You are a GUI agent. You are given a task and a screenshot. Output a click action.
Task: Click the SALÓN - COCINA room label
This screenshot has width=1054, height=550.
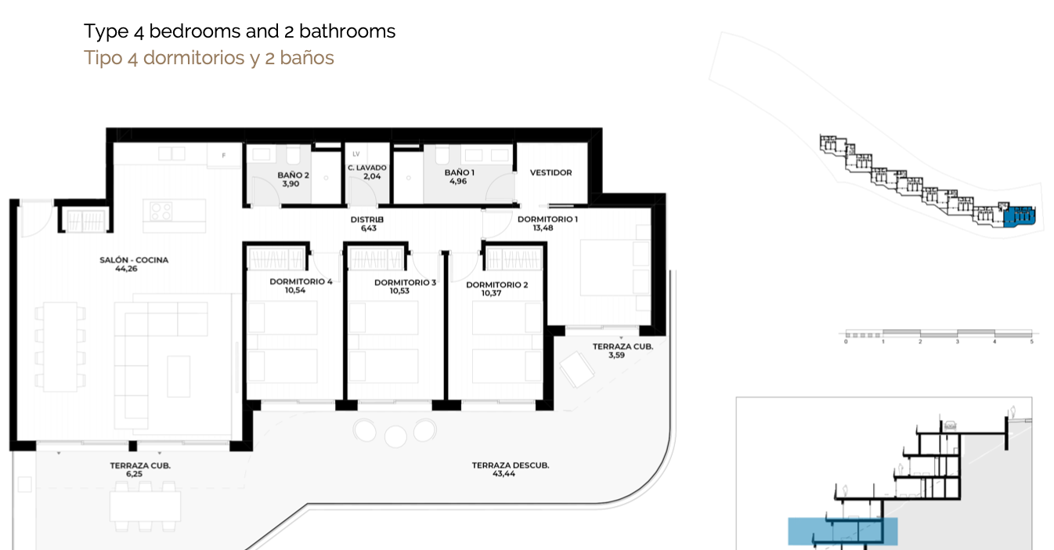[134, 260]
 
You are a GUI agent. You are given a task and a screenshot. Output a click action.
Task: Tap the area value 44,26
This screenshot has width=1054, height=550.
[126, 269]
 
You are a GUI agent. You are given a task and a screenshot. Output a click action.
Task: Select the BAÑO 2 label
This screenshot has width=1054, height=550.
[293, 175]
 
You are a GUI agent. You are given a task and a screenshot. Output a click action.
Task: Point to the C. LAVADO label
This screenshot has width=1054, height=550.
[367, 168]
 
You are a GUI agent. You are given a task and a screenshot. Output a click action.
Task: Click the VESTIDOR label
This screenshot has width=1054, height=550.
[551, 173]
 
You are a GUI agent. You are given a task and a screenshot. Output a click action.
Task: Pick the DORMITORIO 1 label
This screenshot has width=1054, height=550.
[547, 219]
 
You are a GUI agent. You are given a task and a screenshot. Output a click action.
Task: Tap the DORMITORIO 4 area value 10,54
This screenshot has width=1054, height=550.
[295, 291]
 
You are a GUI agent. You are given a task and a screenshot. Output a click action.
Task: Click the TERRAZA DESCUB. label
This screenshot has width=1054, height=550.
[511, 465]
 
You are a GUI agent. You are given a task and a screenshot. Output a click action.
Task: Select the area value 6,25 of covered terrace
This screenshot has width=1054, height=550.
[134, 474]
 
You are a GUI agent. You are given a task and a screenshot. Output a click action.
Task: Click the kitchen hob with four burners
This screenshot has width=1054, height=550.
[161, 211]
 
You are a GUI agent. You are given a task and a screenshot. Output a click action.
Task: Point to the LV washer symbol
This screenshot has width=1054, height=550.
[356, 154]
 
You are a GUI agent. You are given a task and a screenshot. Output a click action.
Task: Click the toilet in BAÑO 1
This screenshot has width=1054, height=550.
[443, 155]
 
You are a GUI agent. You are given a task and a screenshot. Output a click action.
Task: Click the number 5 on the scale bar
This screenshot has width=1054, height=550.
[1031, 342]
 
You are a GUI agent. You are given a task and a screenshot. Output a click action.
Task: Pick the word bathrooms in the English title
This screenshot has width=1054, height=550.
[347, 31]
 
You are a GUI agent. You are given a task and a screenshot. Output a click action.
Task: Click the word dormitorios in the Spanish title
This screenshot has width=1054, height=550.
[194, 59]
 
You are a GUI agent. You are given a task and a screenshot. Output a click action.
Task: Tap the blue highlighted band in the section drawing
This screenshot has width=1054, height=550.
[843, 532]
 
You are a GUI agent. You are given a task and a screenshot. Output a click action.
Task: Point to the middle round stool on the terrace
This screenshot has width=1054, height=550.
[395, 436]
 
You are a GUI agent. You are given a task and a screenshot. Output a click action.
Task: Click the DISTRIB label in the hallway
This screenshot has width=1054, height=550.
[367, 219]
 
